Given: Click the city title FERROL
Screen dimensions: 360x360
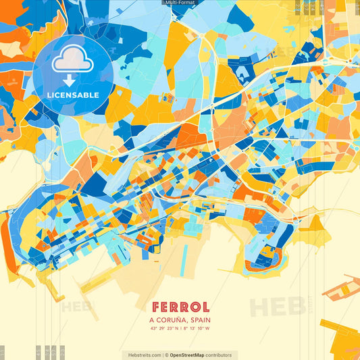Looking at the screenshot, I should [x=180, y=307].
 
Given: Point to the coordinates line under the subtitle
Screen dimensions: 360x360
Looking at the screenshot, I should [x=180, y=329].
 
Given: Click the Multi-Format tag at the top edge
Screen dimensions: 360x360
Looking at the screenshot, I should [x=180, y=3].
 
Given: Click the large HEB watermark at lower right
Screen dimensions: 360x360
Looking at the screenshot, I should [x=278, y=307].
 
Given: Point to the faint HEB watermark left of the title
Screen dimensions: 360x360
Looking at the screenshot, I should [x=76, y=307].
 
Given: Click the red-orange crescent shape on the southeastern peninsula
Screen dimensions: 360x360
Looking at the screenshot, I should [x=261, y=266].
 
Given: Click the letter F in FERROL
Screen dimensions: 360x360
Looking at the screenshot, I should [x=156, y=307].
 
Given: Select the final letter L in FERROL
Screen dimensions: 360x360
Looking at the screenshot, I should [x=204, y=307].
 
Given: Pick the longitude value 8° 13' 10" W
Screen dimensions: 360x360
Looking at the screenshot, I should [x=197, y=329].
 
